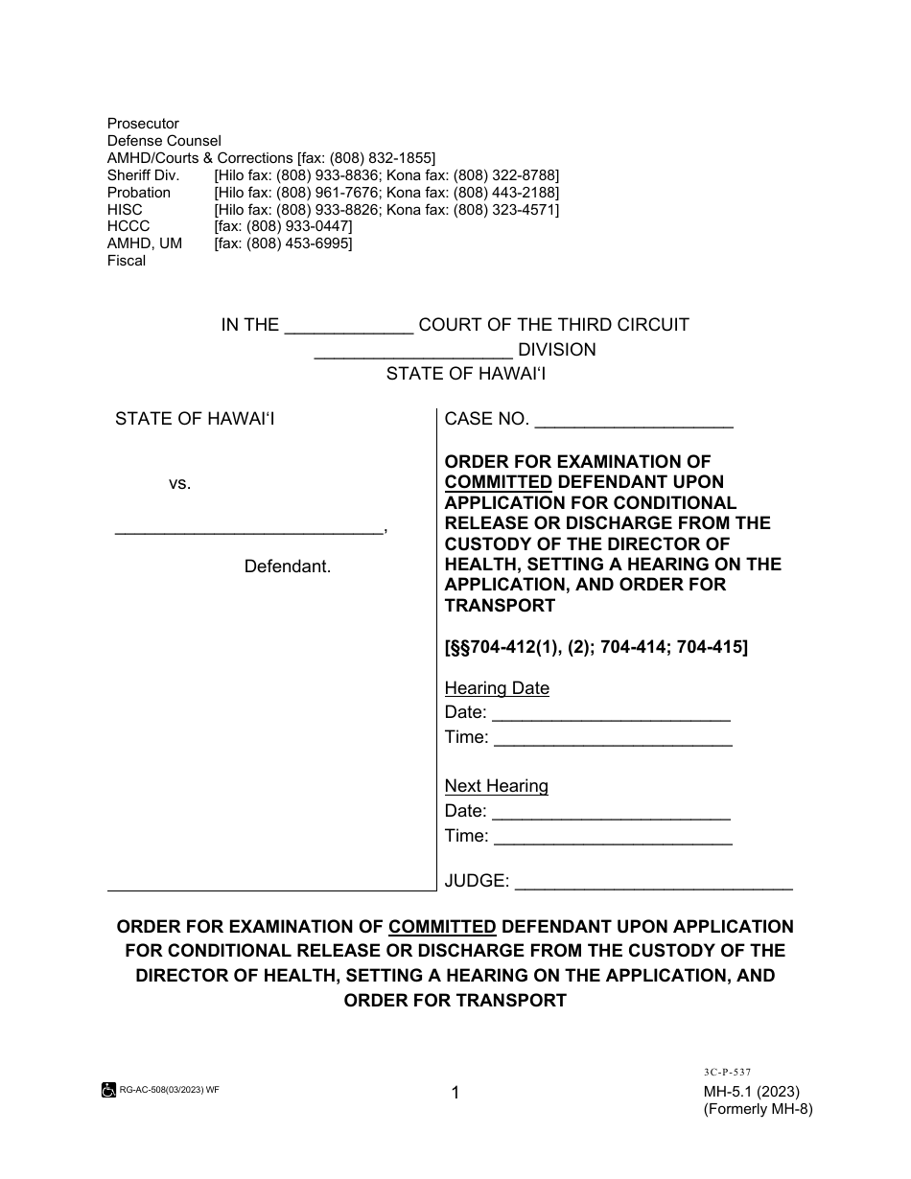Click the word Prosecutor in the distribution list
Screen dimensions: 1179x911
tap(143, 124)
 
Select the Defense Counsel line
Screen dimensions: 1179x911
tap(164, 141)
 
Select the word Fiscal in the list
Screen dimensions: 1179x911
tap(127, 261)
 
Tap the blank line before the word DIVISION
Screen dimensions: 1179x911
tap(413, 351)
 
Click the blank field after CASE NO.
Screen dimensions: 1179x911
tap(633, 420)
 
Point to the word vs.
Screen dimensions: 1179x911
tap(180, 484)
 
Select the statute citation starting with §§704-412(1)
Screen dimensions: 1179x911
tap(596, 647)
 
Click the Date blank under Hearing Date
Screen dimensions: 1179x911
tap(611, 714)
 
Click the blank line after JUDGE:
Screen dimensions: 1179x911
tap(654, 881)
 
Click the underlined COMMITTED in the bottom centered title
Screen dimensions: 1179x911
tap(442, 927)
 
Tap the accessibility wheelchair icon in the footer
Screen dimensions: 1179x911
tap(108, 1090)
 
